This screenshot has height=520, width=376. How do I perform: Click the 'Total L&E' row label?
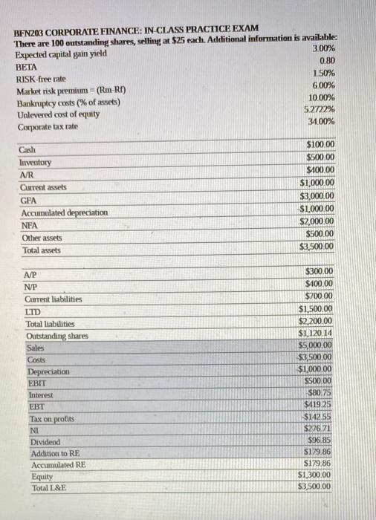click(49, 488)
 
